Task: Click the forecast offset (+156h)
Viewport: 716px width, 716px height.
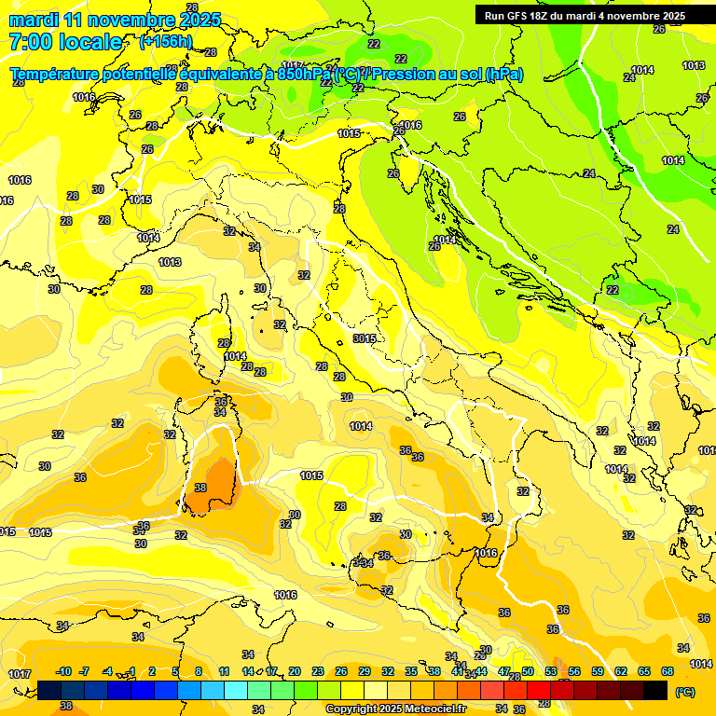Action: pos(165,41)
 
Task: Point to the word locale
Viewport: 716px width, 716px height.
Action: pos(89,42)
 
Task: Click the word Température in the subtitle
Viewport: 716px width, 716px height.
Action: pos(54,75)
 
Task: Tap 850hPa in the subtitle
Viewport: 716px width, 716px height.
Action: pos(304,75)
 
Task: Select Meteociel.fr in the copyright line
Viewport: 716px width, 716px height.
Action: pos(432,709)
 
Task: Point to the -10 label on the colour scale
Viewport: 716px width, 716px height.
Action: pos(63,671)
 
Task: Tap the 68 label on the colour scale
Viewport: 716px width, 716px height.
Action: pos(668,671)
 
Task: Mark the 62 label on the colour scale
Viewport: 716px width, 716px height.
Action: pos(621,671)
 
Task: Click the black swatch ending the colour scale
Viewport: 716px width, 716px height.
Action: pos(656,690)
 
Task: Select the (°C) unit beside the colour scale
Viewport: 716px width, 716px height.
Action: pos(684,692)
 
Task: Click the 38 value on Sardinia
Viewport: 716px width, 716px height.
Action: pos(200,488)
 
